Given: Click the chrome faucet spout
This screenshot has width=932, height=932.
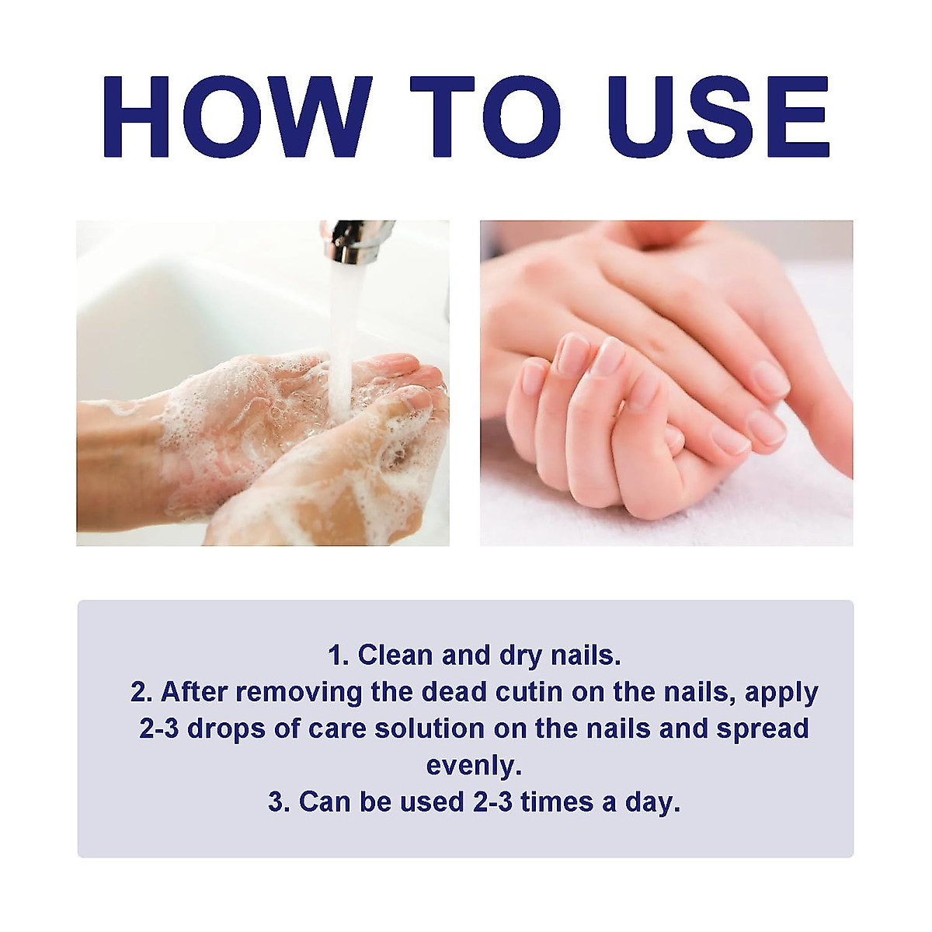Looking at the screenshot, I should [x=356, y=241].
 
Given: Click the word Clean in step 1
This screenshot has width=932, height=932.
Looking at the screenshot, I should [x=395, y=655].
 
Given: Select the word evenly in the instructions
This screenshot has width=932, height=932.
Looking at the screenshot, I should [x=472, y=765].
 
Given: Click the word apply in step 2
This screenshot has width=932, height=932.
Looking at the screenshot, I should [x=781, y=693].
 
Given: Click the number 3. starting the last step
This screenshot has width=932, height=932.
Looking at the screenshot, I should [x=279, y=802].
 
